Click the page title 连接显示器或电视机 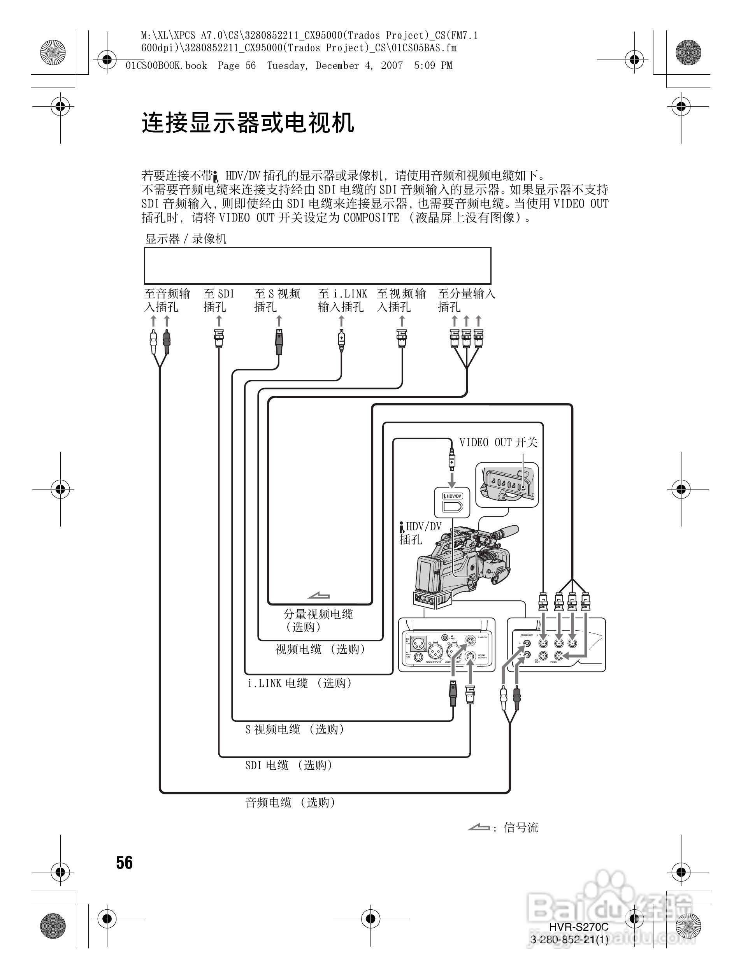coord(248,123)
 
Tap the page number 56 coord(125,863)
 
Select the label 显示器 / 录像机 coord(186,239)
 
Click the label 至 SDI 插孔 coord(219,300)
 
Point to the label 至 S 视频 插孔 coord(277,300)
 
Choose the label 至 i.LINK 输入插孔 coord(342,300)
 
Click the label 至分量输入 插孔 coord(466,300)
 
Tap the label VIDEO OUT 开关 coord(498,442)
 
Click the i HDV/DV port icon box coord(452,502)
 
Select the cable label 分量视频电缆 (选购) coord(318,620)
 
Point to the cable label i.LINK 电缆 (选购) coord(300,683)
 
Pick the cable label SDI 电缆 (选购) coord(289,765)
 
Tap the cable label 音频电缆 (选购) coord(290,802)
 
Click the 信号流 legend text coord(521,828)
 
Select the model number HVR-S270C coord(579,927)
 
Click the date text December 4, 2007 coord(359,65)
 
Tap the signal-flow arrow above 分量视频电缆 coord(319,596)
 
